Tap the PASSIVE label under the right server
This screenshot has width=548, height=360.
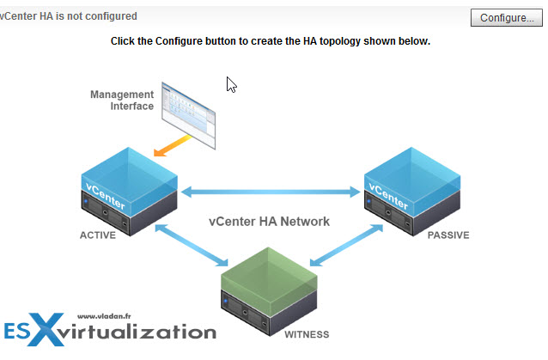448,235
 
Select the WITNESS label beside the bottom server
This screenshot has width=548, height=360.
305,333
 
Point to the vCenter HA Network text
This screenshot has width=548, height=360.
269,221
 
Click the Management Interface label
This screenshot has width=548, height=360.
122,101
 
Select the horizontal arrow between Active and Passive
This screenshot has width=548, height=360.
269,191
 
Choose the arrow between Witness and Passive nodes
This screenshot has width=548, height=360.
351,248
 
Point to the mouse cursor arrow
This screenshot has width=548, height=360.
231,84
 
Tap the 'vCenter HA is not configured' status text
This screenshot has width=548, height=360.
69,16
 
